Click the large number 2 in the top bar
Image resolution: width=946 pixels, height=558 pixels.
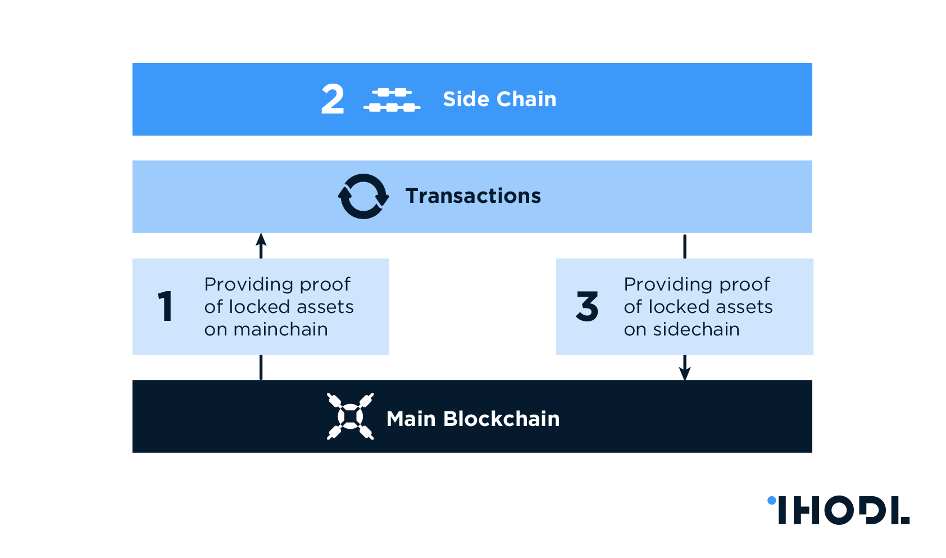[333, 99]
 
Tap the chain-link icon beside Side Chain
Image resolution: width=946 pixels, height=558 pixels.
[392, 99]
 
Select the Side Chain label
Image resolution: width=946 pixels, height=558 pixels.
[499, 99]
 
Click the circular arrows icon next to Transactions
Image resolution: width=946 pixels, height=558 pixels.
[363, 196]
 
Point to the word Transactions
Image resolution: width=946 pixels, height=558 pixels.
[473, 196]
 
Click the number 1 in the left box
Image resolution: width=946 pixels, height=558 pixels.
[165, 306]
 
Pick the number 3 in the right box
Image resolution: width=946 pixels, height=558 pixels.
[587, 306]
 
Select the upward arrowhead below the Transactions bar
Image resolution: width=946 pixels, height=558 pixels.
[261, 240]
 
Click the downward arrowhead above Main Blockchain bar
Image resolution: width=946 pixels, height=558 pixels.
[685, 373]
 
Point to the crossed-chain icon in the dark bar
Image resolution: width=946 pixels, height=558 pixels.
[351, 416]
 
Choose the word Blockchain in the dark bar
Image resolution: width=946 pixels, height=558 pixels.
[501, 419]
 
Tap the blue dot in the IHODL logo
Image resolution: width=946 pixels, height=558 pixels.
[772, 500]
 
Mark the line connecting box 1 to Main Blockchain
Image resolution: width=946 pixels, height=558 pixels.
[261, 368]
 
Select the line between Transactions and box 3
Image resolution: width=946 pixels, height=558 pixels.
[685, 246]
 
